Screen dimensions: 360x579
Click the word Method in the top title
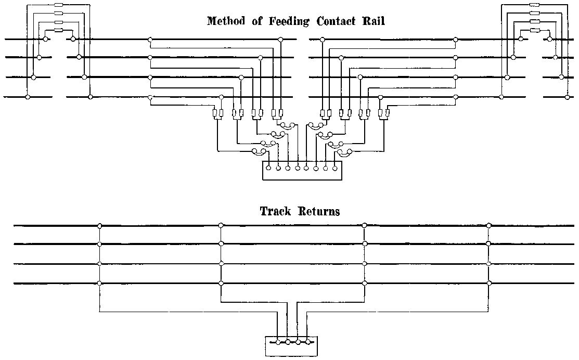(225, 21)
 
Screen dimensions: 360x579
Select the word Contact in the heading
(334, 21)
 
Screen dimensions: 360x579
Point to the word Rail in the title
(374, 21)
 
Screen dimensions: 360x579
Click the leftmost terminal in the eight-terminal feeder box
(268, 168)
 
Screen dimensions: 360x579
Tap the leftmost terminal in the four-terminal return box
(278, 342)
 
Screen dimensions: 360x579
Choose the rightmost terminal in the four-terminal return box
(308, 342)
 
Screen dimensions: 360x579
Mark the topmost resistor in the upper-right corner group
(534, 5)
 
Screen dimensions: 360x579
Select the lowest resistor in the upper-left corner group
(58, 30)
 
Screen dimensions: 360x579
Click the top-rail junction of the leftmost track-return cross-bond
(99, 226)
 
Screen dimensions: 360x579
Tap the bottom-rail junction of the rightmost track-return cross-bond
(488, 283)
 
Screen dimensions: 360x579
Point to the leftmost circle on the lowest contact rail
(28, 97)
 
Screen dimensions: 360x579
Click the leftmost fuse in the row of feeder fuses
(215, 113)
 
